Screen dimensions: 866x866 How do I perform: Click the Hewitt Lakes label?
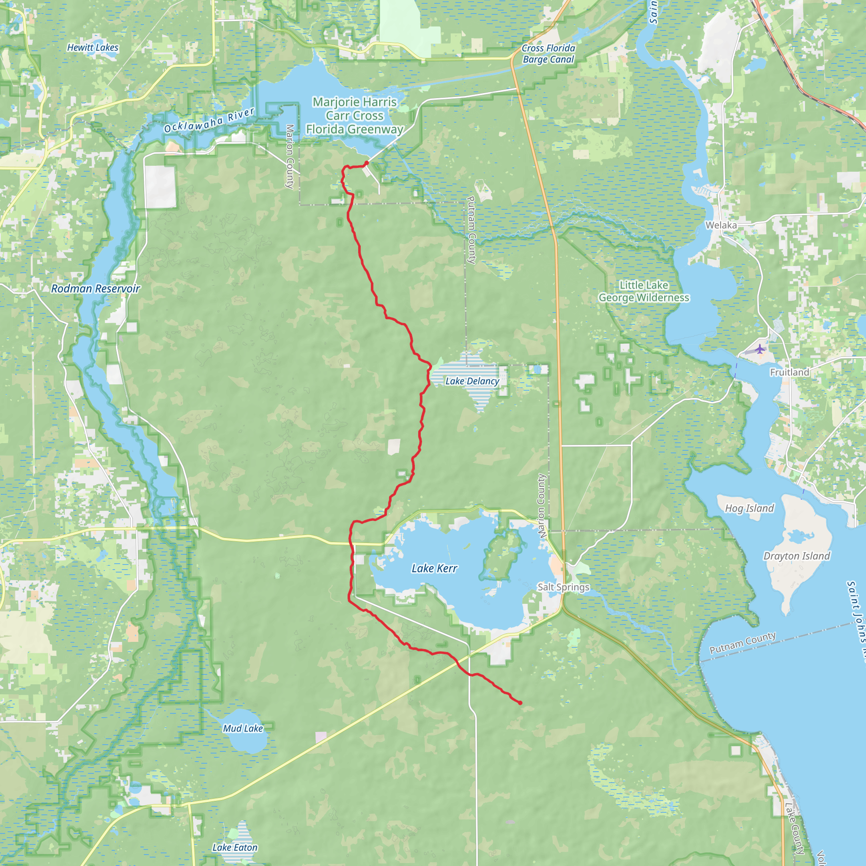[93, 47]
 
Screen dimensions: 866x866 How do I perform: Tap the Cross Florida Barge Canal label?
[548, 54]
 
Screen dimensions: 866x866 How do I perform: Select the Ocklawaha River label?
[209, 121]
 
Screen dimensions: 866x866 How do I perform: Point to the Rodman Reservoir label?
[96, 289]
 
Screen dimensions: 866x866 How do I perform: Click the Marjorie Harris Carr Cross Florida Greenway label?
[354, 115]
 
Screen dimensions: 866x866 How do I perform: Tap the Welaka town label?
[721, 225]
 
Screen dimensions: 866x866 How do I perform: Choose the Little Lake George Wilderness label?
[644, 291]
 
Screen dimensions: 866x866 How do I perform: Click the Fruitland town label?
[789, 373]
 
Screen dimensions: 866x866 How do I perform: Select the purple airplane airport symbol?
[759, 349]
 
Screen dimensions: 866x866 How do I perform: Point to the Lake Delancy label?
[472, 381]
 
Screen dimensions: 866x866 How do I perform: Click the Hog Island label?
[749, 508]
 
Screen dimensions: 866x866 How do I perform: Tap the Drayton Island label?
[797, 556]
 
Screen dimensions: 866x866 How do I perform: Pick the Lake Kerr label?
[434, 568]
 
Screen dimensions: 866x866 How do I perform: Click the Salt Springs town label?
[563, 587]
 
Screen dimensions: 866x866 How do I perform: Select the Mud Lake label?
[243, 729]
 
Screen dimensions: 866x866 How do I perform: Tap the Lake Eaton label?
[235, 848]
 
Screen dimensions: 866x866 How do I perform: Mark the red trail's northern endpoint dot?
[367, 163]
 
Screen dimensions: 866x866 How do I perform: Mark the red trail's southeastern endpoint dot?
[520, 703]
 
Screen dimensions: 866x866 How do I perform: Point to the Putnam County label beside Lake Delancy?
[471, 230]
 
